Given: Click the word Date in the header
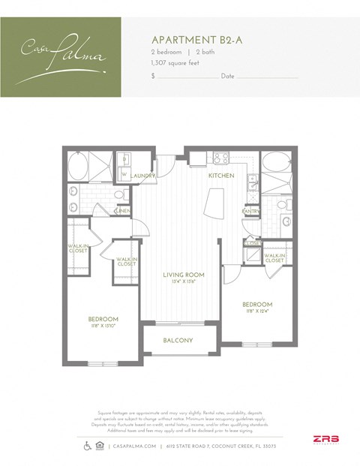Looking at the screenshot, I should (228, 77).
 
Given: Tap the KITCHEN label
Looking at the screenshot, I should (220, 176).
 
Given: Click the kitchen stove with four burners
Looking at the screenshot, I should (220, 158).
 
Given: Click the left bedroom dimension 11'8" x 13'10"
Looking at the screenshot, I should (103, 326).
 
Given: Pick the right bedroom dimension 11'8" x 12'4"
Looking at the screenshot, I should (256, 312).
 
